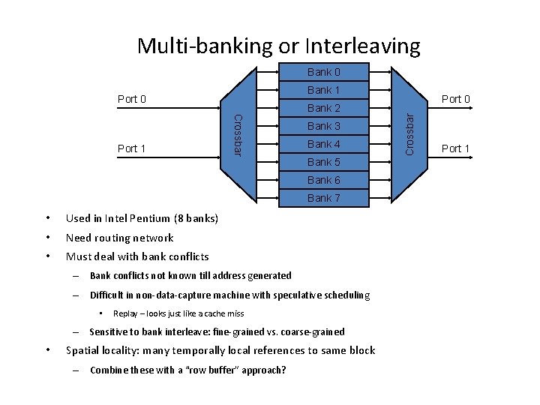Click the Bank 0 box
[x=324, y=72]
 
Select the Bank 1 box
[x=324, y=90]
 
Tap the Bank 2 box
[x=324, y=108]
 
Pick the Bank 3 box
[x=324, y=126]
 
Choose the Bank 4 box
[x=324, y=144]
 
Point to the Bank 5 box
[x=324, y=162]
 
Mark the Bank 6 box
[x=324, y=180]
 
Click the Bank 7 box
[x=324, y=198]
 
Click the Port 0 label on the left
[x=132, y=99]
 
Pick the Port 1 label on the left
[x=132, y=148]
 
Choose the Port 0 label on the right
[x=456, y=99]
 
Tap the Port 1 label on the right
[x=456, y=148]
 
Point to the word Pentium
[x=149, y=219]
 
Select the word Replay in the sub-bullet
[x=127, y=313]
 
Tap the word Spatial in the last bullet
[x=84, y=350]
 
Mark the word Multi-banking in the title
[x=205, y=46]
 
